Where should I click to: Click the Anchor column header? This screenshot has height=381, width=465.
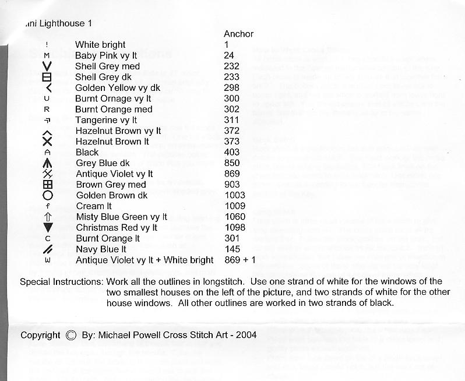click(238, 34)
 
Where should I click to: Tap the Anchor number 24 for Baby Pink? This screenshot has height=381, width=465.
click(228, 56)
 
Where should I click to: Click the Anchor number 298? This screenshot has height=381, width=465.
click(231, 88)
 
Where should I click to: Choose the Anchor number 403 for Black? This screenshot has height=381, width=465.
click(231, 153)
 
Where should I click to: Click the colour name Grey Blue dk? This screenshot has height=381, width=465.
click(103, 164)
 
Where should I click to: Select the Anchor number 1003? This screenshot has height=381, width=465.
click(234, 196)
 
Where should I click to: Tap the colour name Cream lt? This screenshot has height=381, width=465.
click(94, 206)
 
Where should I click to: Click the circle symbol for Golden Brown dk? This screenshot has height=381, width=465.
click(48, 196)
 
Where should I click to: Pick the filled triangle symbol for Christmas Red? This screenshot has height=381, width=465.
click(48, 228)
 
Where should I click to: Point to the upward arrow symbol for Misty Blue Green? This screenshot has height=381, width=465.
click(48, 217)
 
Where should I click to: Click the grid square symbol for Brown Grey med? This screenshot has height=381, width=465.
click(48, 185)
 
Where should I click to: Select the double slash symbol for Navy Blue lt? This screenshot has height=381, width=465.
click(48, 249)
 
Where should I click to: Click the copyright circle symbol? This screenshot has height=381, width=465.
click(71, 335)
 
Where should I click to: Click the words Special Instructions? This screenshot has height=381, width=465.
click(61, 282)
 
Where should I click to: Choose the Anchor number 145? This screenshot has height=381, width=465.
click(231, 249)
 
